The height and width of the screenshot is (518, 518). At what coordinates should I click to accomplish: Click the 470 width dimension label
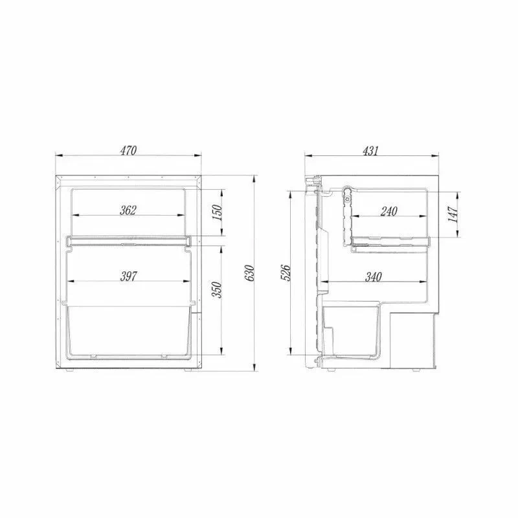coord(128,150)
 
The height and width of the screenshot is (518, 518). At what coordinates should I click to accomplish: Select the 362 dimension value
coord(128,210)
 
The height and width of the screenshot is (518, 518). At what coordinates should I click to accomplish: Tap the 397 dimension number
coord(128,276)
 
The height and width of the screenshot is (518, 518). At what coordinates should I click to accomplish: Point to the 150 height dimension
coord(217,213)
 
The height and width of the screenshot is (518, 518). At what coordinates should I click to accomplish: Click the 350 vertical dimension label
coord(217,289)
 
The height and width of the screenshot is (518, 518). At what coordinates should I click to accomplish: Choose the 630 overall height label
coord(250,273)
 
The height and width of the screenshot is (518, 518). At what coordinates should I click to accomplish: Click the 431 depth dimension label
coord(370,150)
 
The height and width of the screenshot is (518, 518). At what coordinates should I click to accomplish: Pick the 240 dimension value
coord(389,211)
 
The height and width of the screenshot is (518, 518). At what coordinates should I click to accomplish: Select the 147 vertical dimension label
coord(454,214)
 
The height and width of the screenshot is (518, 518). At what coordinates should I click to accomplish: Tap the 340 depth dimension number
coord(374,276)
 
